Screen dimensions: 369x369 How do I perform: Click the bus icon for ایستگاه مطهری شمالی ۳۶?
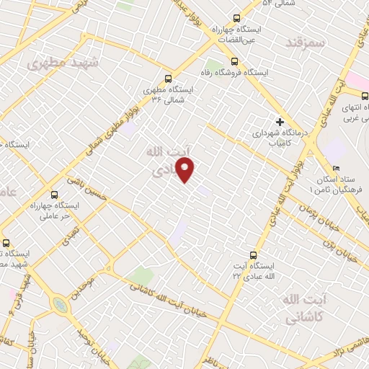point(169,79)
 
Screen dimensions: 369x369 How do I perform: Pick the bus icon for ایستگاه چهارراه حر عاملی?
point(55,195)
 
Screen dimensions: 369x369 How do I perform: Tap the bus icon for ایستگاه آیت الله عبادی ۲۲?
point(252,254)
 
